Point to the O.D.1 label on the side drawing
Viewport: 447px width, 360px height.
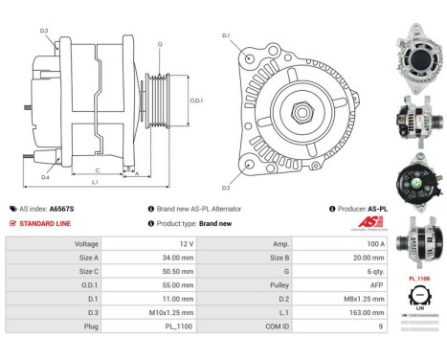195,100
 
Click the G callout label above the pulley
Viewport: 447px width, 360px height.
160,44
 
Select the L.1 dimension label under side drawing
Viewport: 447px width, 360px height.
95,181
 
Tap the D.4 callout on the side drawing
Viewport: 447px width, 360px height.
45,177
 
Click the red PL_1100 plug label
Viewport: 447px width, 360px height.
419,278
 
